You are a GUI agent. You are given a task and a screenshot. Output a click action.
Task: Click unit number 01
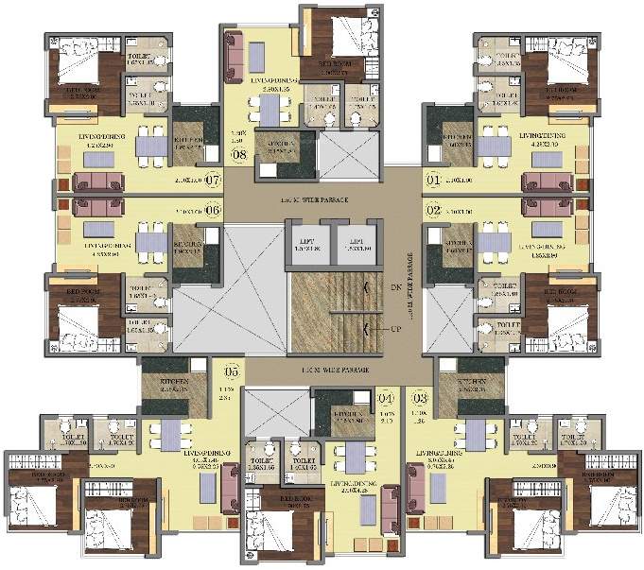point(434,179)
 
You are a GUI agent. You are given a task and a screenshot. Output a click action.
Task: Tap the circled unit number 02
point(434,210)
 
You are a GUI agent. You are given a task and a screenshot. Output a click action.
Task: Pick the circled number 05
point(231,371)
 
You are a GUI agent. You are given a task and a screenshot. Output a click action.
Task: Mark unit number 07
point(212,179)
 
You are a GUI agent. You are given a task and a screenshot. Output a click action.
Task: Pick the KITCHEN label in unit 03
point(474,384)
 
